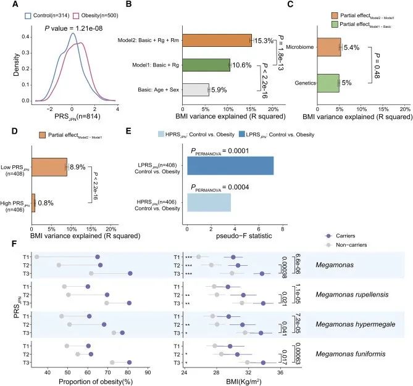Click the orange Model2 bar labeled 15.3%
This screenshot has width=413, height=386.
coord(217,40)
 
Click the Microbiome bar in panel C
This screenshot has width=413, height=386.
coord(329,46)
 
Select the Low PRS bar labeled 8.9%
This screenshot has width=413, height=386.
coord(49,166)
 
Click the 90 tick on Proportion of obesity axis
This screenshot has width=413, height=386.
coord(148,372)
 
